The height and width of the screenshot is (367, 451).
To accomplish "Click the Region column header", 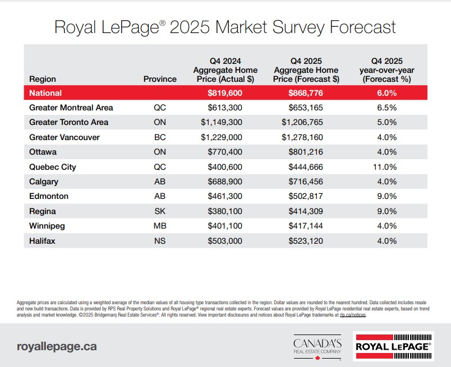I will [43, 79].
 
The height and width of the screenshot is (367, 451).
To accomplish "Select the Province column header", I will [160, 79].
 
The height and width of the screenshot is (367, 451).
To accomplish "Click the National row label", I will [45, 93].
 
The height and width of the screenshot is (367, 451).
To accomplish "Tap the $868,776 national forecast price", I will [306, 93].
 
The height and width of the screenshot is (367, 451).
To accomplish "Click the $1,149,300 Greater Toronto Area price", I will [225, 122].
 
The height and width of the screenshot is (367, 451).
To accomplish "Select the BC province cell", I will [160, 137].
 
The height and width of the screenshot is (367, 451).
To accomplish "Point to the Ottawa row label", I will [43, 152].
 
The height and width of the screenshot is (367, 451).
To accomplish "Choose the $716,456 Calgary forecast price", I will [306, 182].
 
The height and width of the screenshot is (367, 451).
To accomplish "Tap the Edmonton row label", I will [49, 197].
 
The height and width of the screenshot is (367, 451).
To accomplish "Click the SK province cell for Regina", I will [160, 211].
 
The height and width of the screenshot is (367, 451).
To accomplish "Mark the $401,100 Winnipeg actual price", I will [225, 226].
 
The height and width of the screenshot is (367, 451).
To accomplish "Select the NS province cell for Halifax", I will [160, 241].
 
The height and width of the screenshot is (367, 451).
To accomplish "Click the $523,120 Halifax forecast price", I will [306, 241].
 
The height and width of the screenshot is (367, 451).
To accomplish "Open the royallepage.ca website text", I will [57, 346].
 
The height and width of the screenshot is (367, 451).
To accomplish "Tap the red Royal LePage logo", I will [393, 346].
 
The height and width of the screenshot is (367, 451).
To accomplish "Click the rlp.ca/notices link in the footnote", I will [353, 315].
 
